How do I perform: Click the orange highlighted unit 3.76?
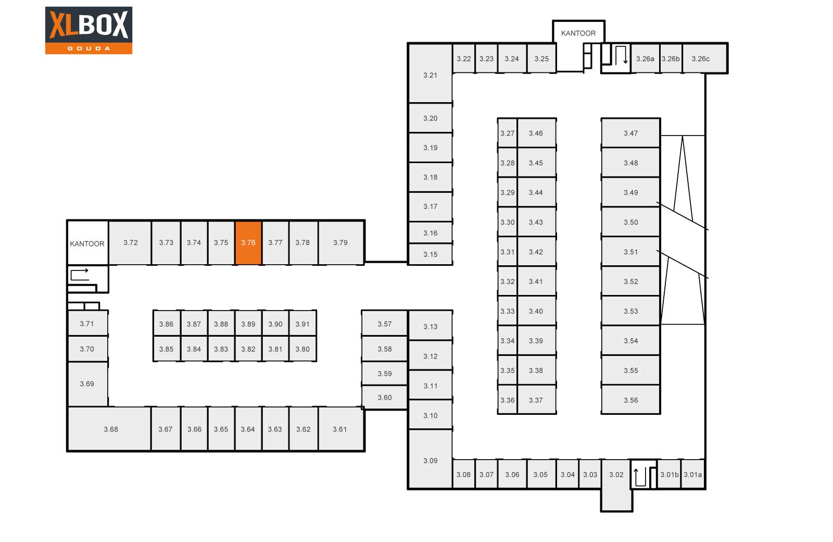click(x=248, y=243)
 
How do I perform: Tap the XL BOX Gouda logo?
click(x=89, y=30)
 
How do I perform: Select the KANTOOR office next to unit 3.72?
click(x=88, y=243)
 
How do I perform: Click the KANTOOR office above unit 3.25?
click(x=578, y=33)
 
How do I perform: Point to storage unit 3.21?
click(x=430, y=73)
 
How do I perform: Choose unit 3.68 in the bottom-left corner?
click(x=109, y=429)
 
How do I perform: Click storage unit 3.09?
click(x=430, y=459)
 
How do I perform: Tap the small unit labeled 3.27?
click(x=507, y=133)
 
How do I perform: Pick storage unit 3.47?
click(x=630, y=133)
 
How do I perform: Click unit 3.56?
click(x=630, y=400)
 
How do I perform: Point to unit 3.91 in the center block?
click(x=302, y=324)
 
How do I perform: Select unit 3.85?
click(x=167, y=349)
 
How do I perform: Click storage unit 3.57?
click(x=385, y=324)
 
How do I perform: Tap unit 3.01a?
click(x=693, y=474)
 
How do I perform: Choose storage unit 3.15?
click(x=430, y=254)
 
